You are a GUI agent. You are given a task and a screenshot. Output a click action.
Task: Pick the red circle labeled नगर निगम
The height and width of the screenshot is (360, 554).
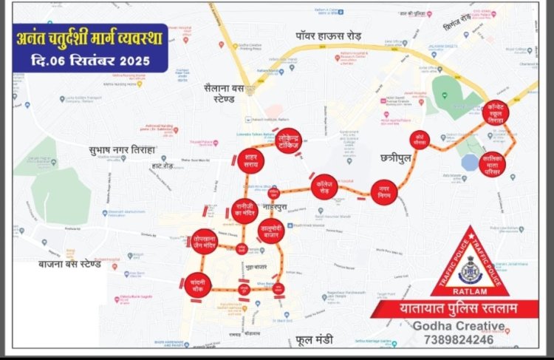384,191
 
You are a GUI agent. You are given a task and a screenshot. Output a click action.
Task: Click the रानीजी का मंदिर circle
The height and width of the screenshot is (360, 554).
245,208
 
